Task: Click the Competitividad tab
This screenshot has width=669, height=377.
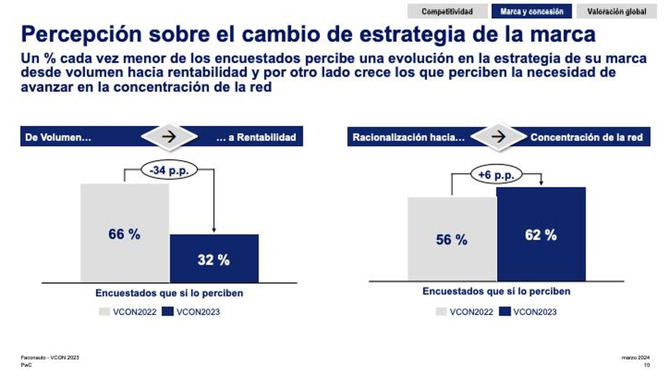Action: [x=447, y=11]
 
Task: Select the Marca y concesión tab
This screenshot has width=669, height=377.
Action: [x=531, y=11]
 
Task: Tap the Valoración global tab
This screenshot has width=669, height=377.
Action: [x=616, y=11]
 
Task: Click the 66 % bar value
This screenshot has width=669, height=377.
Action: [x=124, y=234]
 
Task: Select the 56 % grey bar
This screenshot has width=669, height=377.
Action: [x=452, y=239]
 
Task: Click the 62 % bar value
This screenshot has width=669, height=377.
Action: [x=541, y=235]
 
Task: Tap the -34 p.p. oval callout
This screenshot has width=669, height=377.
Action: [x=169, y=170]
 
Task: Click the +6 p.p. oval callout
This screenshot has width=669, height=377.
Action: [x=496, y=174]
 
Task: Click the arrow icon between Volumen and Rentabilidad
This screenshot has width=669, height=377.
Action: [x=169, y=137]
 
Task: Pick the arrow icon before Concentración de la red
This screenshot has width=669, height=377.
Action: [x=498, y=137]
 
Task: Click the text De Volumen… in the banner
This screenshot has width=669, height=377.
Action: [x=58, y=137]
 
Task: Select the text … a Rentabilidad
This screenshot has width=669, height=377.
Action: [x=256, y=137]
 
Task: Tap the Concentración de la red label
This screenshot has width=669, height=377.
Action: [x=586, y=137]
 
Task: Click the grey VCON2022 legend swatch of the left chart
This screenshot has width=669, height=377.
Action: [x=104, y=312]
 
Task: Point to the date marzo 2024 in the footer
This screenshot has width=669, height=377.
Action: [x=635, y=357]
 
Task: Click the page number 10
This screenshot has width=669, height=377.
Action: [x=646, y=365]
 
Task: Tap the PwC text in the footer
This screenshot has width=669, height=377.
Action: [x=26, y=365]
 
